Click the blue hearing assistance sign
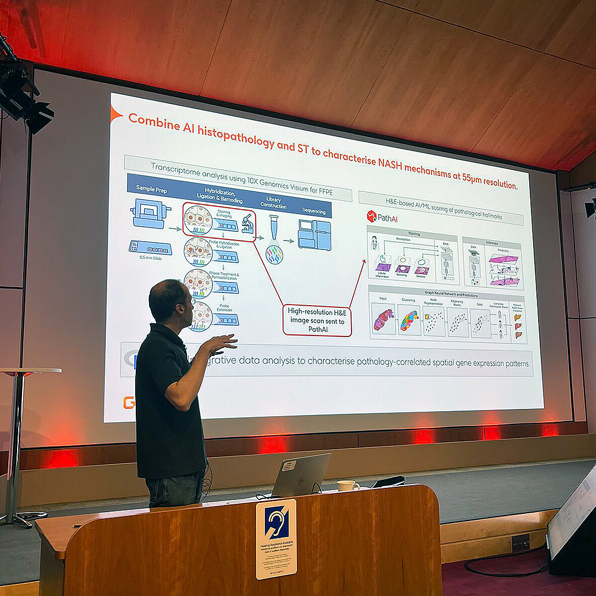(276, 523)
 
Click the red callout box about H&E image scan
(317, 321)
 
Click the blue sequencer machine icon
(314, 235)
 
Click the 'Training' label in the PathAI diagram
(414, 234)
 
